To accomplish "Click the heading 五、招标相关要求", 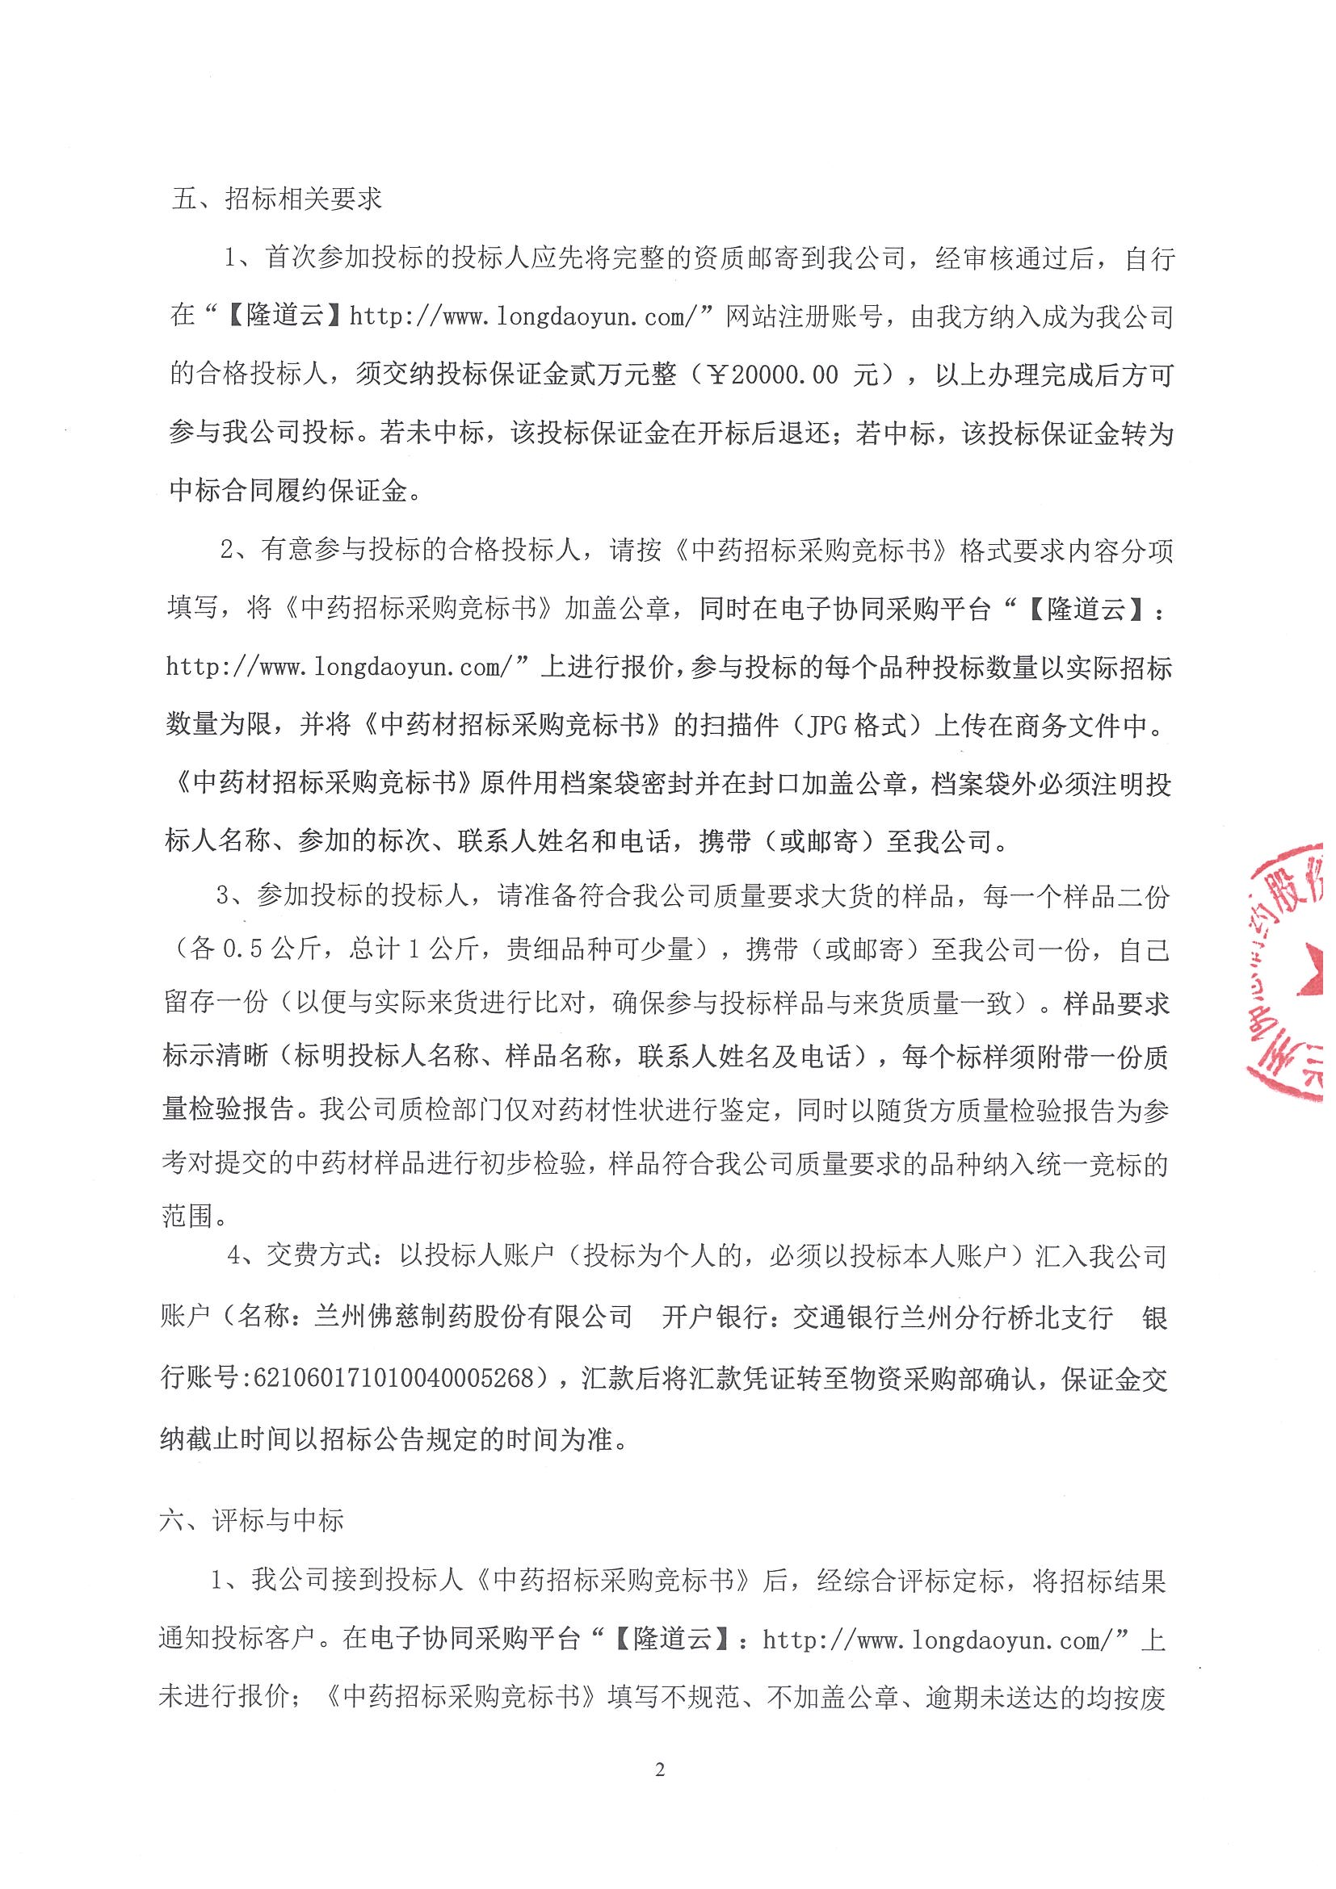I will click(x=276, y=199).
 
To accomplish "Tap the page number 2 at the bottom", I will click(x=659, y=1792).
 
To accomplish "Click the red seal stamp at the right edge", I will click(x=1288, y=971).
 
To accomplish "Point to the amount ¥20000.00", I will click(x=774, y=376).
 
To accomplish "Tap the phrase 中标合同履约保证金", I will click(x=288, y=491).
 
